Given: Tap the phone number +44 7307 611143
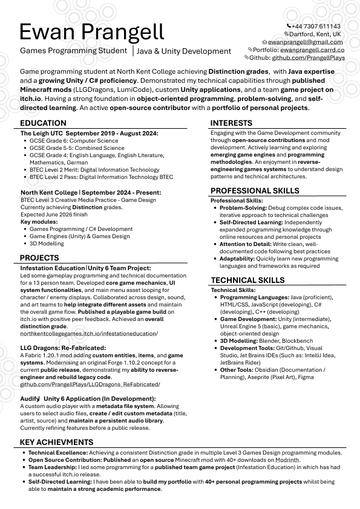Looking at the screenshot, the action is coord(315,27).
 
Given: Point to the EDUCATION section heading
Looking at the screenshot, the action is coord(43,123).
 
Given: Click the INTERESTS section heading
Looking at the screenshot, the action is coord(232,123).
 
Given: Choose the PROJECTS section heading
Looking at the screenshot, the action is coord(40,258).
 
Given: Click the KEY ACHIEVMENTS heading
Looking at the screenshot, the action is coord(57,443).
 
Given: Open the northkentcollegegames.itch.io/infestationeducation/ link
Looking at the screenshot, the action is coord(89,334).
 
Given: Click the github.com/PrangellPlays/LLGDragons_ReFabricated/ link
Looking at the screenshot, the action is coord(90,384).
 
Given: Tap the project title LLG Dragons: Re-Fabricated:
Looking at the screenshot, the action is coord(63,348).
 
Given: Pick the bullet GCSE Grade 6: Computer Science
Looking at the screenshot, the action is coord(74,141).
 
